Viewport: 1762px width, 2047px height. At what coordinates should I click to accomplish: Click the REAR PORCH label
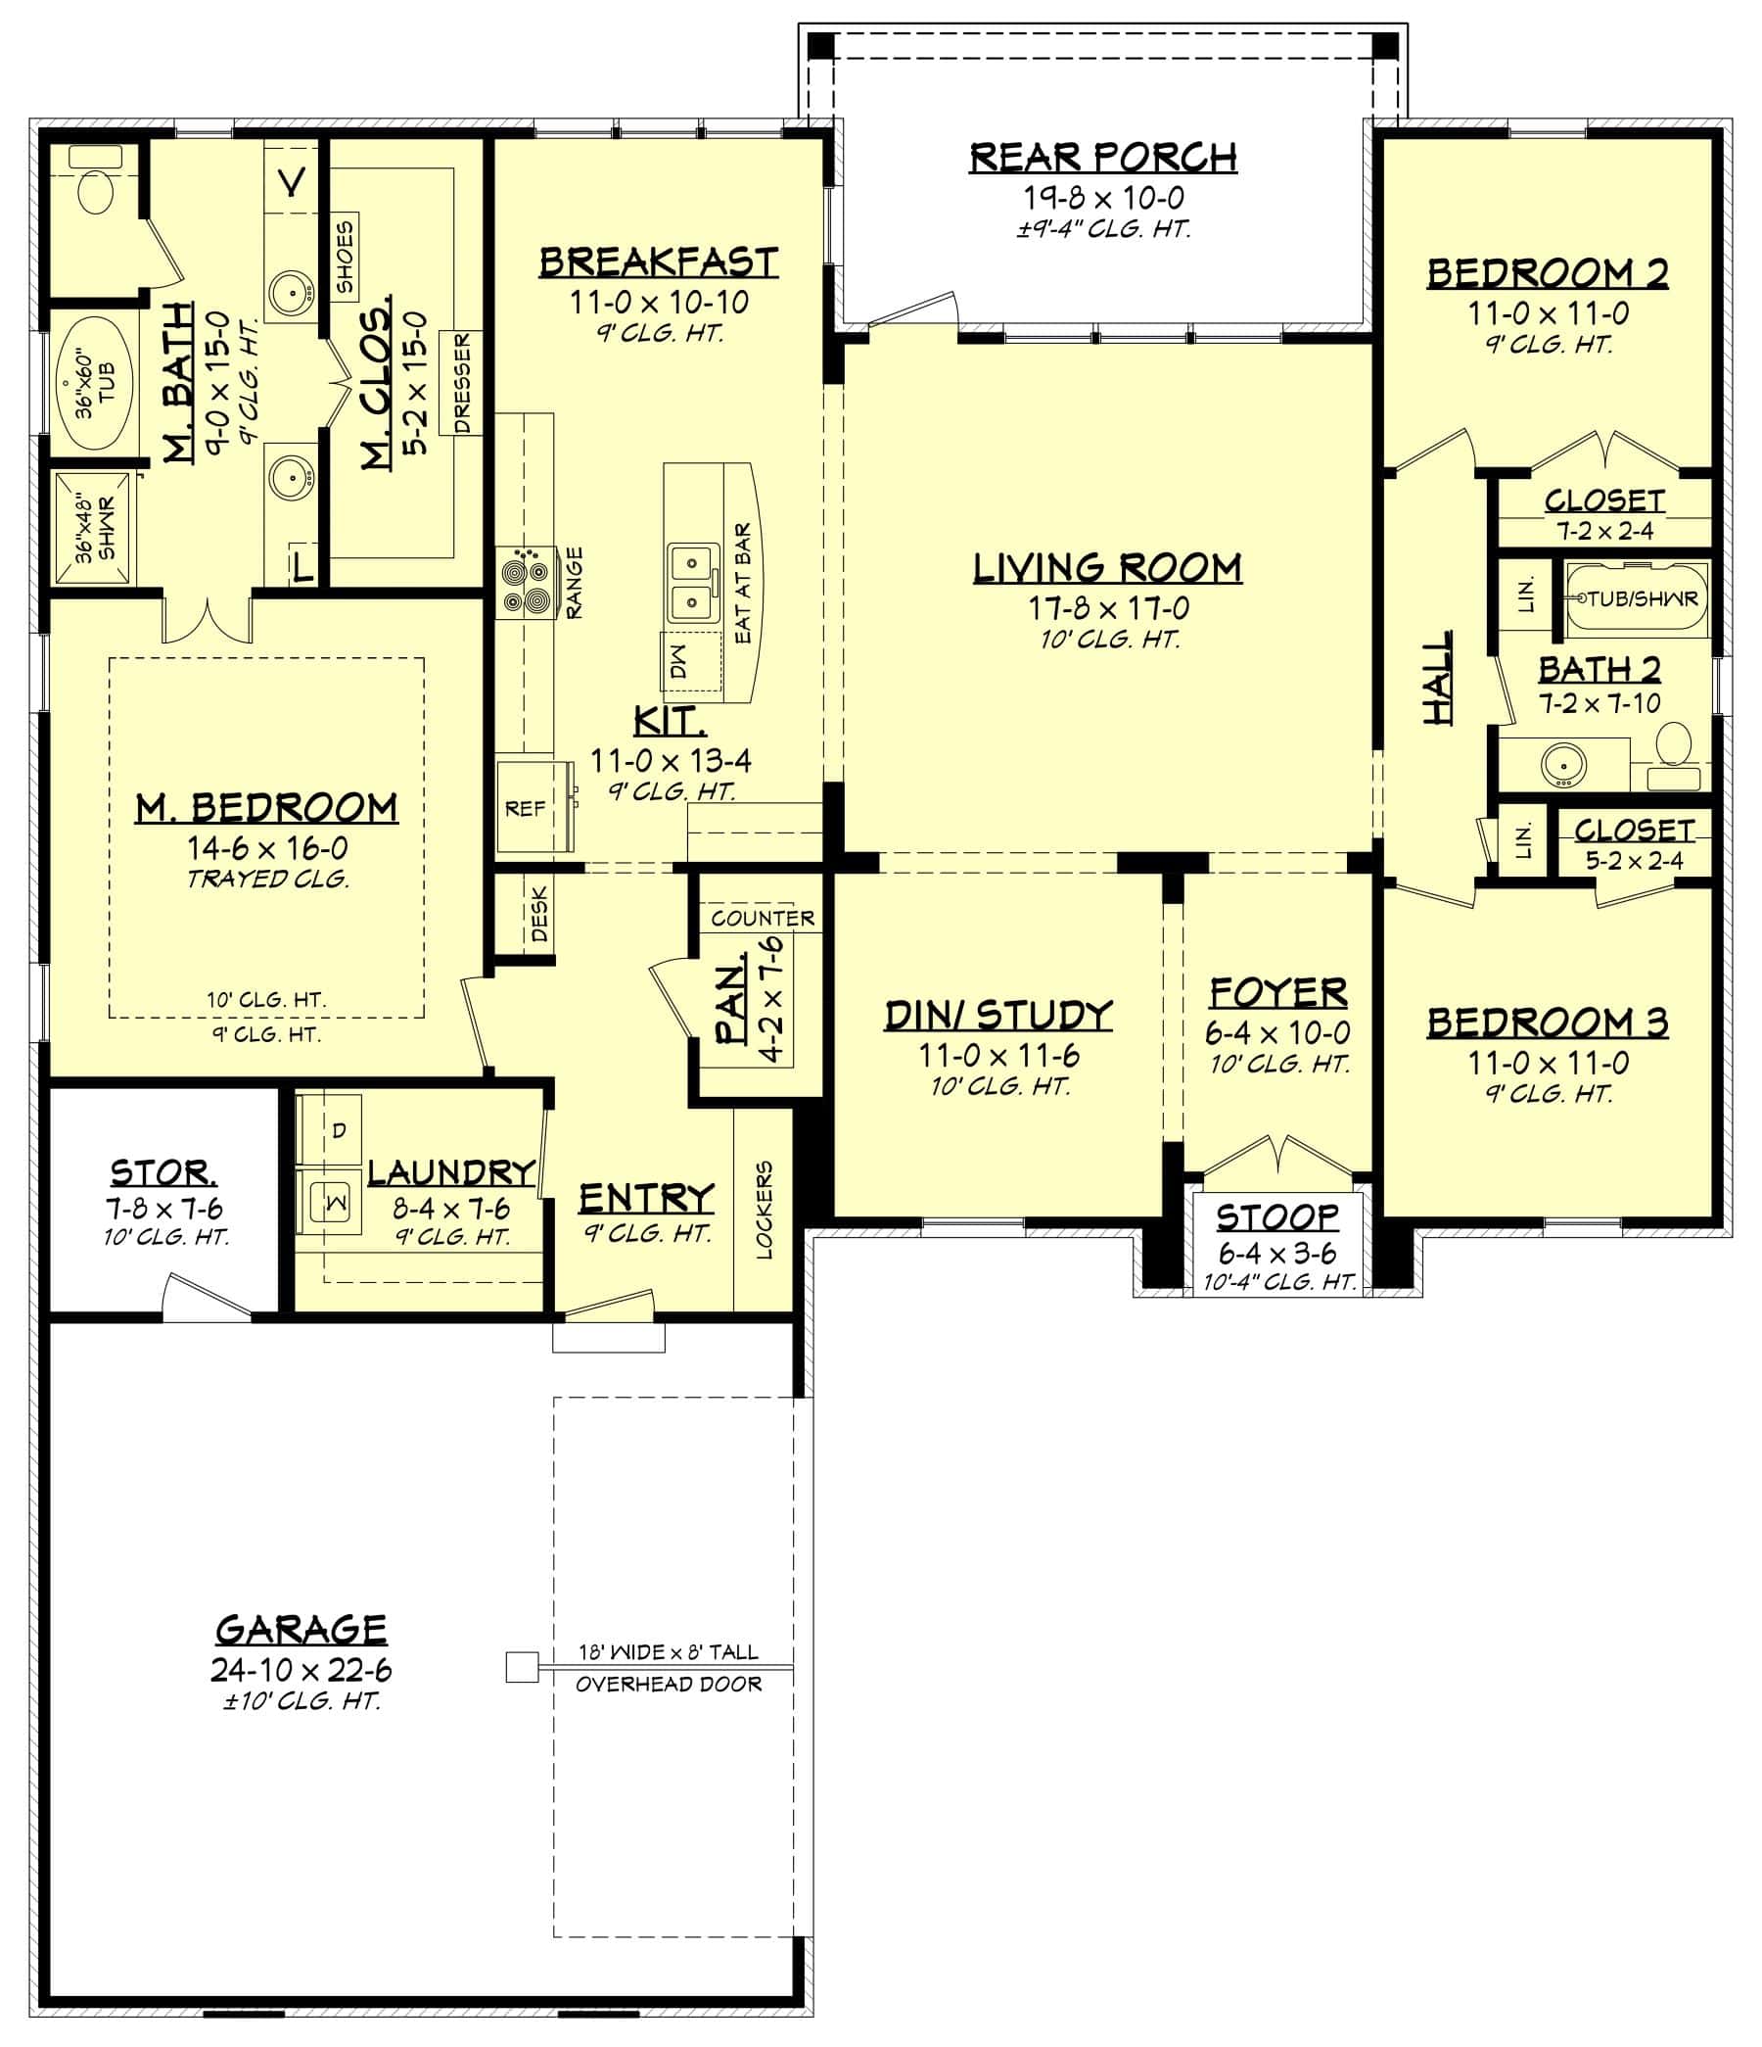pyautogui.click(x=1102, y=157)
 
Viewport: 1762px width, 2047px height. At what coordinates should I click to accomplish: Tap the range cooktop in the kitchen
pyautogui.click(x=524, y=584)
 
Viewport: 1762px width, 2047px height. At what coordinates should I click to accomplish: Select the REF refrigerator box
pyautogui.click(x=526, y=808)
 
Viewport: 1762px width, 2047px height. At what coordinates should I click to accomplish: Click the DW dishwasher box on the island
pyautogui.click(x=678, y=668)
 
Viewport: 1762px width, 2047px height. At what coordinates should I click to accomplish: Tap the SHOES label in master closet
pyautogui.click(x=345, y=257)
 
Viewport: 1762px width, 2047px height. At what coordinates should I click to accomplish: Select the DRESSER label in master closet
pyautogui.click(x=461, y=383)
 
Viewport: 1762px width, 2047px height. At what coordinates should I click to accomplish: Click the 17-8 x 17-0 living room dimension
pyautogui.click(x=1108, y=607)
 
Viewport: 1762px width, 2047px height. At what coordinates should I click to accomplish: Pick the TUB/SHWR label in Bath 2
pyautogui.click(x=1642, y=597)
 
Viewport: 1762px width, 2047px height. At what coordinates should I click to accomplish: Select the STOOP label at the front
pyautogui.click(x=1277, y=1216)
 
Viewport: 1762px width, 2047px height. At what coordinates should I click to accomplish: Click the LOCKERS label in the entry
pyautogui.click(x=764, y=1210)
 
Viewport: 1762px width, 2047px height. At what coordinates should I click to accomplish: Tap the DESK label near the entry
pyautogui.click(x=539, y=914)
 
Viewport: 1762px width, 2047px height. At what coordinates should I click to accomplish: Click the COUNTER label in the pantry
pyautogui.click(x=763, y=918)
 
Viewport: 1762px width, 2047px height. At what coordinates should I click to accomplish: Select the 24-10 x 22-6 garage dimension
pyautogui.click(x=301, y=1670)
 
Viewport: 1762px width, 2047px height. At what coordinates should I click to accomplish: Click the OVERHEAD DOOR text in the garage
pyautogui.click(x=669, y=1685)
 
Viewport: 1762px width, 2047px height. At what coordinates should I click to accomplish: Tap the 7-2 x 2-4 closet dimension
pyautogui.click(x=1605, y=531)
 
